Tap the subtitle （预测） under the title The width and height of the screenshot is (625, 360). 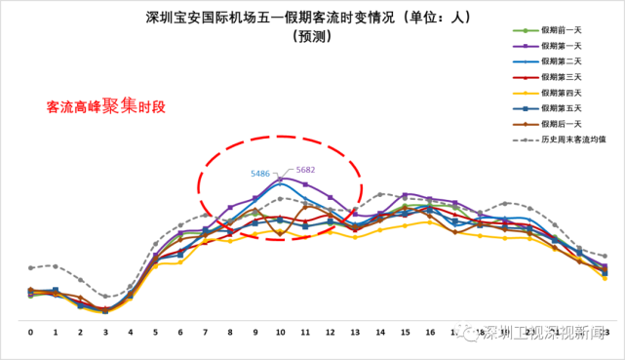pyautogui.click(x=311, y=37)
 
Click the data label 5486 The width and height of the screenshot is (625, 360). pyautogui.click(x=260, y=173)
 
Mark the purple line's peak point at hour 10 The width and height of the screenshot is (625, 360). pyautogui.click(x=281, y=179)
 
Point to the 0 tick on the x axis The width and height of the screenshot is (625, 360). pyautogui.click(x=31, y=333)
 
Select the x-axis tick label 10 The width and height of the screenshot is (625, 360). pyautogui.click(x=281, y=333)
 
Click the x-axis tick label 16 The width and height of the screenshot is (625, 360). pyautogui.click(x=430, y=333)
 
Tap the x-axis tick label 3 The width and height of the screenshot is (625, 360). pyautogui.click(x=105, y=333)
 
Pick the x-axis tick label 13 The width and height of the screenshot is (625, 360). pyautogui.click(x=356, y=333)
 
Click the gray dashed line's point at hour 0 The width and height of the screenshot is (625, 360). pyautogui.click(x=31, y=267)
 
